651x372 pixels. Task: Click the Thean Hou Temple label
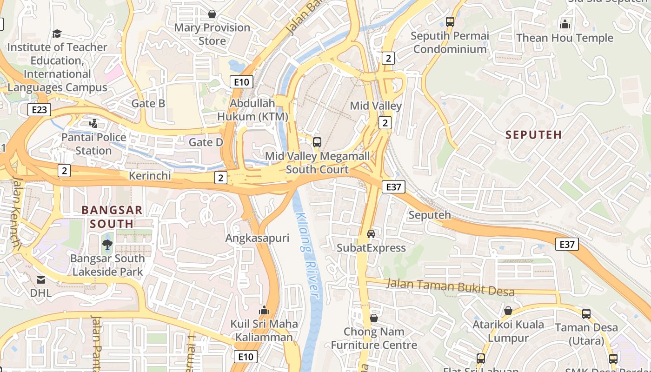[565, 38]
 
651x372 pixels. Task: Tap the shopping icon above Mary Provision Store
[212, 14]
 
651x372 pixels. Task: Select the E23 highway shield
[39, 110]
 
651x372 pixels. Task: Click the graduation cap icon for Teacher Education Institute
[57, 33]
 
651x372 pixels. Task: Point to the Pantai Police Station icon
[93, 124]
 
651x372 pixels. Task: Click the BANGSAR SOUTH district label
[112, 217]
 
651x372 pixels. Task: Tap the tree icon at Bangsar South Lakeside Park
[107, 245]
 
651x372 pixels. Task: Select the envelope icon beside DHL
[41, 279]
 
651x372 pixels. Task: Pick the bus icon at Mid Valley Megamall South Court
[317, 142]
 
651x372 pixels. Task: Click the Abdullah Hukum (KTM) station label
[253, 110]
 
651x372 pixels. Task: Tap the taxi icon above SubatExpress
[371, 233]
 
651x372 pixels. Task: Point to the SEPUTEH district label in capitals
[533, 135]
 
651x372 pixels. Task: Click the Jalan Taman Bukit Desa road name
[450, 287]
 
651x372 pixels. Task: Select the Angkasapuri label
[257, 238]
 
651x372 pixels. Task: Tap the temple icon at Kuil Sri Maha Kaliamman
[264, 310]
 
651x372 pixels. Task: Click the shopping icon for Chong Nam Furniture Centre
[374, 319]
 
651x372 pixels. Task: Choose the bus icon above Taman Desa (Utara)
[586, 314]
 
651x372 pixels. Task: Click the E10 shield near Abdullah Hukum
[241, 82]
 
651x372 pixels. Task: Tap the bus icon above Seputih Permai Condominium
[450, 21]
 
